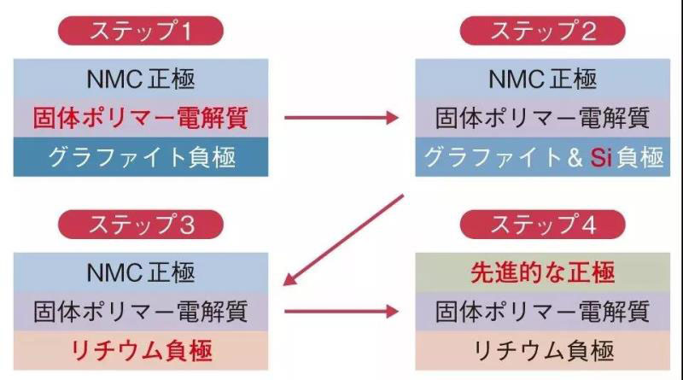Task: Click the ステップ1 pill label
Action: (x=140, y=32)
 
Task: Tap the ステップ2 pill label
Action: (x=542, y=32)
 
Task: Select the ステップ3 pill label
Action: (x=140, y=225)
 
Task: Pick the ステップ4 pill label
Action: (x=542, y=225)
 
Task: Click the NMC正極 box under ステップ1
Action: (x=140, y=79)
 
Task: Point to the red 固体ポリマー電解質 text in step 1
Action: (x=140, y=118)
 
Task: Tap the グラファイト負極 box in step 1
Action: (x=140, y=157)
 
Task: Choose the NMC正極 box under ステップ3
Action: (x=140, y=272)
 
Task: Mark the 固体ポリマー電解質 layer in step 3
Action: (x=140, y=311)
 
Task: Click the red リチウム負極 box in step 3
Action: (x=140, y=350)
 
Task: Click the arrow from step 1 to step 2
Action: (x=341, y=118)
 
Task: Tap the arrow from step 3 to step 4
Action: (x=341, y=311)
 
